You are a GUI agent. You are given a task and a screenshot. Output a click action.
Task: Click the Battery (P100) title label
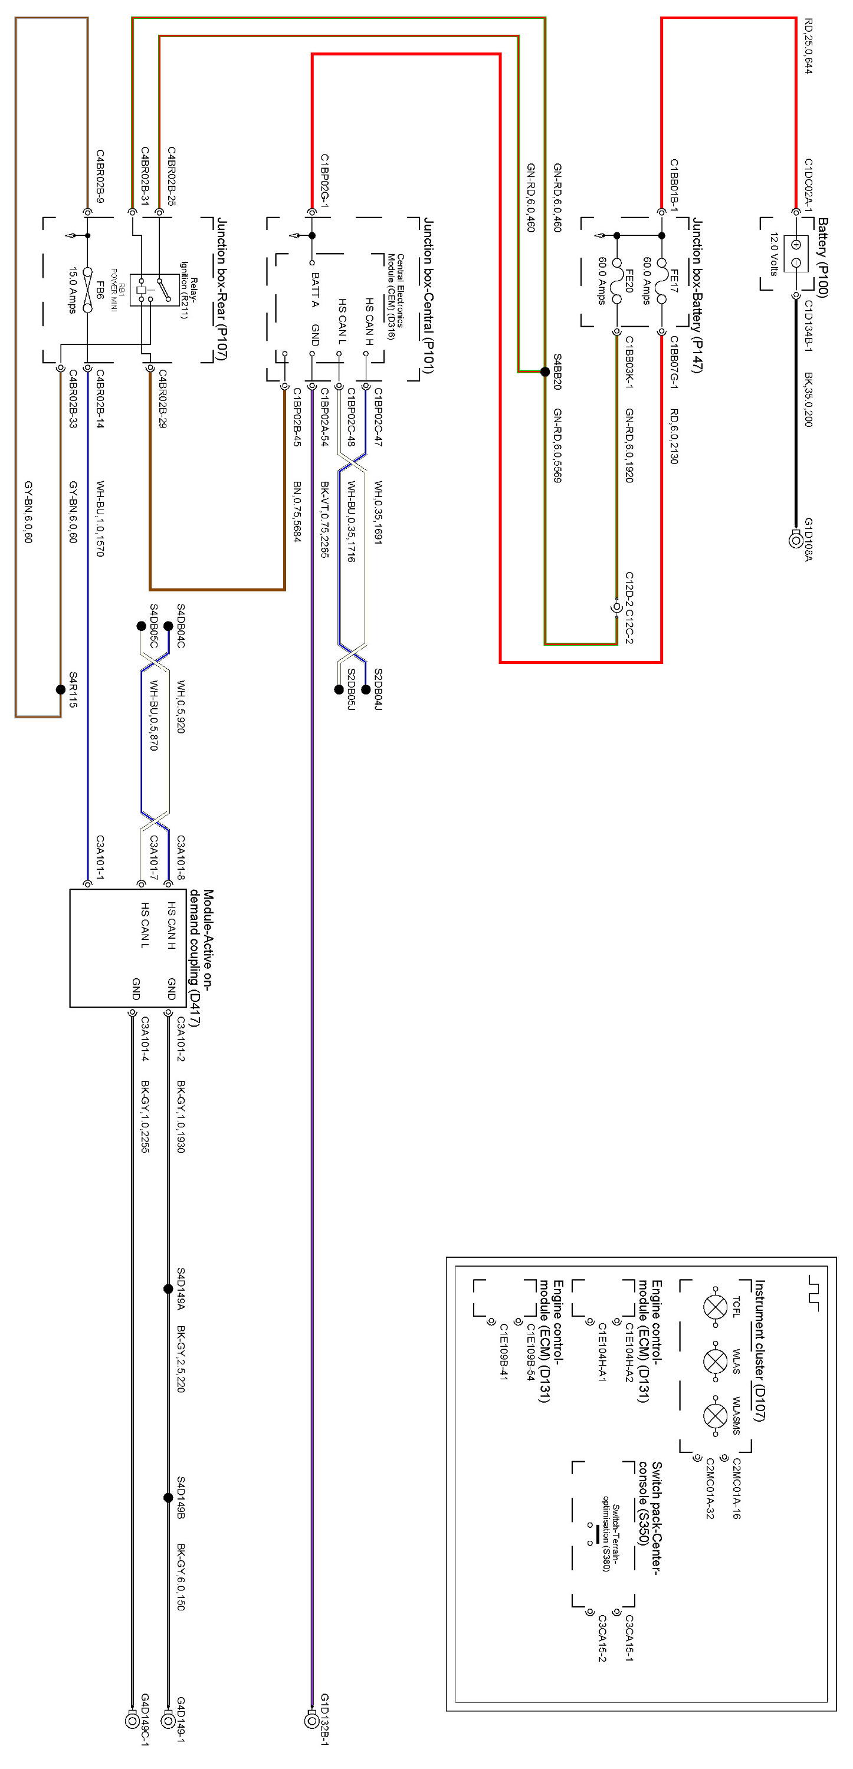(822, 258)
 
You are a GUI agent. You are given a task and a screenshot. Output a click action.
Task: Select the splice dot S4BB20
(544, 371)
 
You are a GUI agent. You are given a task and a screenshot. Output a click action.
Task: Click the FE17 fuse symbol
(661, 281)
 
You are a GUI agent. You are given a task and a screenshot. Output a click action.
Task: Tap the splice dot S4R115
(60, 689)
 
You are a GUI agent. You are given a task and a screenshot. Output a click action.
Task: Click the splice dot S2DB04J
(365, 689)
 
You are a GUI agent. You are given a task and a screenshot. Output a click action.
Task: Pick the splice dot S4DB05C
(142, 626)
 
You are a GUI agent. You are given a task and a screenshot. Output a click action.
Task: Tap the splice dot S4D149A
(168, 1289)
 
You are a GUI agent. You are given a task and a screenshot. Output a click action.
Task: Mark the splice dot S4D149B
(168, 1497)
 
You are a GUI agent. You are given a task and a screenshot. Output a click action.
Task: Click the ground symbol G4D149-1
(168, 1720)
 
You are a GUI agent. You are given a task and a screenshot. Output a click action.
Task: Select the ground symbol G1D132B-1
(311, 1720)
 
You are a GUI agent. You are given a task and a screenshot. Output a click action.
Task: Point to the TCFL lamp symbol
(716, 1306)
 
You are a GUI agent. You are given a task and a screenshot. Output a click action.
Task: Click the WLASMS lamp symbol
(716, 1415)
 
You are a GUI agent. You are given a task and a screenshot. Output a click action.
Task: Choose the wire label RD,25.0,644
(808, 46)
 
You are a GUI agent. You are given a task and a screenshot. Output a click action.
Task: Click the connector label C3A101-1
(100, 857)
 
